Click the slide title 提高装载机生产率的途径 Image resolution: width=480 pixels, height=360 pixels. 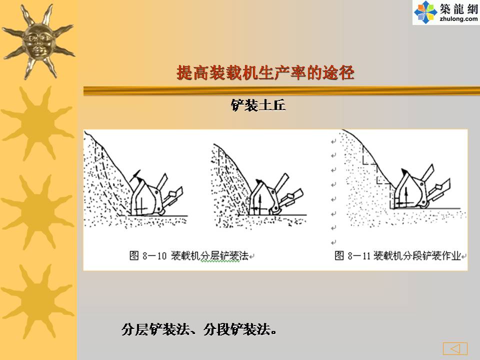pos(265,73)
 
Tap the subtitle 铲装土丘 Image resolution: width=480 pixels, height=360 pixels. pos(258,105)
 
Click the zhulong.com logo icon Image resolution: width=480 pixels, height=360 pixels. pos(425,12)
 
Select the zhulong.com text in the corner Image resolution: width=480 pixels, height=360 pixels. pos(458,19)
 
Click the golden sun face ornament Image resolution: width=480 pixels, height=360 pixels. pos(38,41)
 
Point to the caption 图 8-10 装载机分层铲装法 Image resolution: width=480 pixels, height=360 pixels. pos(189,255)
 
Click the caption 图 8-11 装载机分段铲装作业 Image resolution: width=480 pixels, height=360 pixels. pos(397,255)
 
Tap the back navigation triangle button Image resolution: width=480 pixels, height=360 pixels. pos(455,348)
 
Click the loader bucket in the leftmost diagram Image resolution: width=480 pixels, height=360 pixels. pos(146,197)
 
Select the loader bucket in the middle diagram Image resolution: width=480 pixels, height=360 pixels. pos(264,197)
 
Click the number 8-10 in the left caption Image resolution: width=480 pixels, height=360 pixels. pos(154,255)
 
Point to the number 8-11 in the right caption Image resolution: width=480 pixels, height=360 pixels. pos(359,255)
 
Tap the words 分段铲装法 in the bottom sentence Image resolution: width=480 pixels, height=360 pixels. pos(237,329)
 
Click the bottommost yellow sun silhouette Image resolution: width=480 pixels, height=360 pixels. pos(38,301)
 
